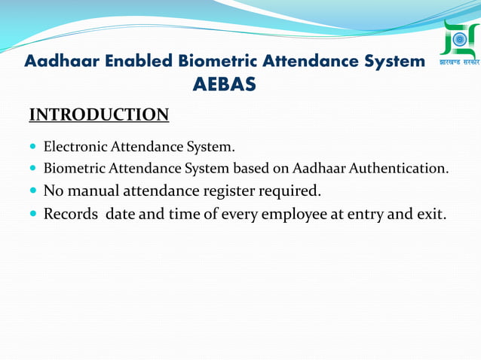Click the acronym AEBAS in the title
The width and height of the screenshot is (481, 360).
coord(224,85)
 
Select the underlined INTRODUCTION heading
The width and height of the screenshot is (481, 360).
coord(99,115)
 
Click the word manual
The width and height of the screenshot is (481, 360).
coord(92,190)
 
